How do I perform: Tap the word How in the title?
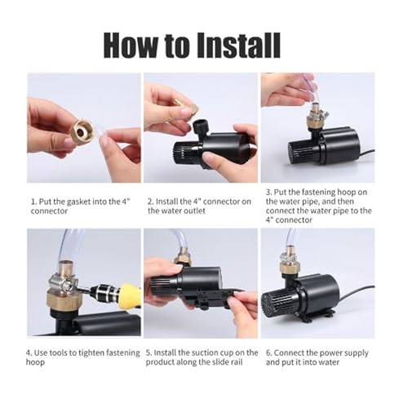[131, 45]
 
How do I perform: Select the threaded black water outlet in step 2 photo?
[201, 128]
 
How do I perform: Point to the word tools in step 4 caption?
[59, 353]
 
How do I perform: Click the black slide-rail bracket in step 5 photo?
[210, 297]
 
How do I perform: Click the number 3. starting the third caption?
[269, 192]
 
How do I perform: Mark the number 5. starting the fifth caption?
[149, 353]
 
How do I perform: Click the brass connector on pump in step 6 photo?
[290, 267]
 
